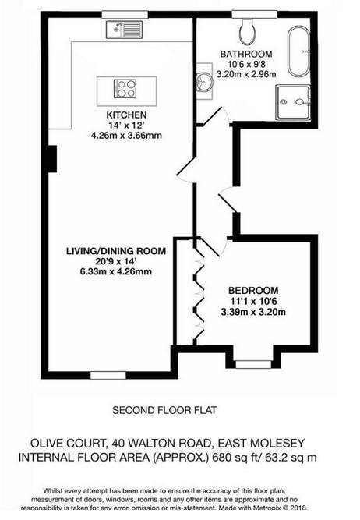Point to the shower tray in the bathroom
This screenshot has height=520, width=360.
(x=295, y=102)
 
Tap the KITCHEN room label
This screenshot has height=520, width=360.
(x=125, y=116)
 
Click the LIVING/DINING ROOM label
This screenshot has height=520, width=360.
(x=115, y=250)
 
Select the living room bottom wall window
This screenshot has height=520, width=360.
(x=107, y=376)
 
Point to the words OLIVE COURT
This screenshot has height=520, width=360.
(x=62, y=441)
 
